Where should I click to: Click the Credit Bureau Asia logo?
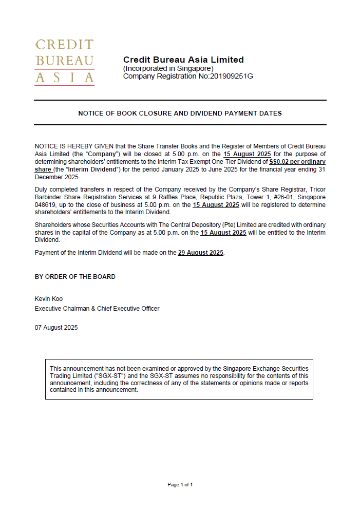[x=65, y=62]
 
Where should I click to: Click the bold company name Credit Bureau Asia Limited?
[x=183, y=60]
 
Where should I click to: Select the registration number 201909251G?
[x=231, y=77]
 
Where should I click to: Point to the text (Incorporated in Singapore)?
[x=168, y=68]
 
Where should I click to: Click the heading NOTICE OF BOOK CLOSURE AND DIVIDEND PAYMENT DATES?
[x=180, y=113]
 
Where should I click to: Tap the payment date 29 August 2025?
[x=201, y=253]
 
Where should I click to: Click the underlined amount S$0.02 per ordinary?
[x=297, y=162]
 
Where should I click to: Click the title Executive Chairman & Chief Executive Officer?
[x=97, y=309]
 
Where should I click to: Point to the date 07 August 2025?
[x=56, y=328]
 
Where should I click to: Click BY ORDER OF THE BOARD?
[x=75, y=277]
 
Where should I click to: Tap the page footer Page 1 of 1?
[x=180, y=484]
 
